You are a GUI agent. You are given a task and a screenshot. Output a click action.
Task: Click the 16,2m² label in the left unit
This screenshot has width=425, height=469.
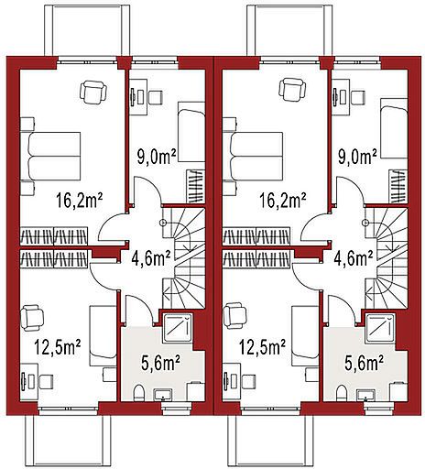coord(79,201)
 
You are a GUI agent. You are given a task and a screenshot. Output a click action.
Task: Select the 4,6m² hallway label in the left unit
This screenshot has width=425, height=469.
coord(151,258)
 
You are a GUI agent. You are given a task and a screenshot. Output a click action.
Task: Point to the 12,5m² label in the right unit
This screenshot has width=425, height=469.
coord(263,347)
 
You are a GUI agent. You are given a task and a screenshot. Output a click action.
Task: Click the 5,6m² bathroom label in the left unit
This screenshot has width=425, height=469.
coord(160,363)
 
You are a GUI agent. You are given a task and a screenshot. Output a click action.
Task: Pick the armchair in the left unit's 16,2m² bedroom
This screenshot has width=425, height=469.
coord(93,91)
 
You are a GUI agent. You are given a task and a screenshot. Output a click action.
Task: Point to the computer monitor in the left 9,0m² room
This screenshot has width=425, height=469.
coord(134,97)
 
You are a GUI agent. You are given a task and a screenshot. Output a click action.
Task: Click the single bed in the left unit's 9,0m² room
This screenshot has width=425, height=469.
coord(191,132)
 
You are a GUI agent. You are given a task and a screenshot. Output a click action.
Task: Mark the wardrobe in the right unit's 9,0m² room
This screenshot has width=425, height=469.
coord(398,187)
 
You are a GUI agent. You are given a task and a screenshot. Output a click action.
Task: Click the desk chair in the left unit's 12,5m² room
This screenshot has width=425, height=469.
coord(47,382)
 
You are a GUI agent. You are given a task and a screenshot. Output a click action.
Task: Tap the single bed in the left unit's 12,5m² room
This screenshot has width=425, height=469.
coord(103,336)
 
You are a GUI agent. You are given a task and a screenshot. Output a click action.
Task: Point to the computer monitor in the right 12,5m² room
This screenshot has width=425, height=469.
coord(226,382)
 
